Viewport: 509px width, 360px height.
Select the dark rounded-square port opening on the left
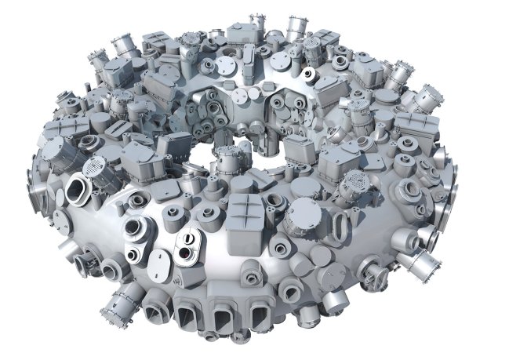pyautogui.click(x=77, y=189)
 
